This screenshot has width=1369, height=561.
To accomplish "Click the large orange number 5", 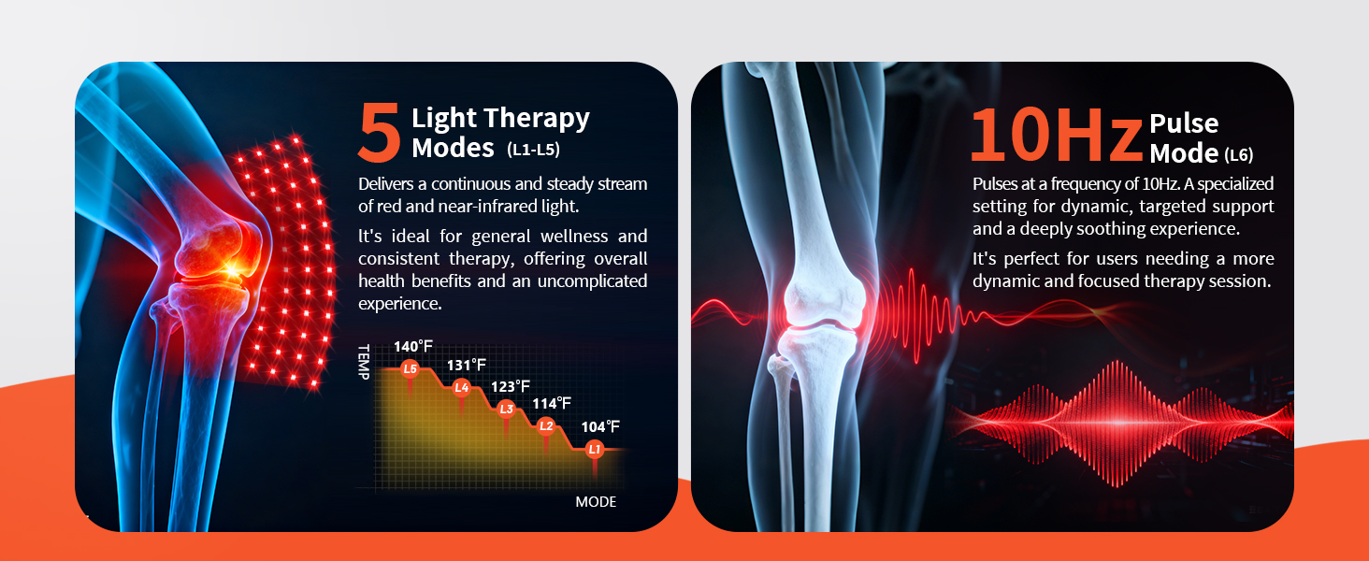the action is [380, 132].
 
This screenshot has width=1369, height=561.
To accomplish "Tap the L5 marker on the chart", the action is [411, 368].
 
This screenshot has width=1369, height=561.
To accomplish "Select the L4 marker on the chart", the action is [461, 387].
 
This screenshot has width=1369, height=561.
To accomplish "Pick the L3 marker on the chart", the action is [506, 409].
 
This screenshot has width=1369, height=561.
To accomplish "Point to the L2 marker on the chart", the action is [546, 426].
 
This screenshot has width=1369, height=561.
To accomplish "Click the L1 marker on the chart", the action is [594, 450].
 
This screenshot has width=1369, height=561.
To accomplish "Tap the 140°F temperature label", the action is [413, 347].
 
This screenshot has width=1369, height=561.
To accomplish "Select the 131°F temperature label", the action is [467, 365].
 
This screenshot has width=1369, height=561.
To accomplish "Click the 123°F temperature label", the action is [511, 386].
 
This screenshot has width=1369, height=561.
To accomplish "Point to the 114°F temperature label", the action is [552, 403].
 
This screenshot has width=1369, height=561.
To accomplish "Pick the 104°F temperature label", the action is [600, 426].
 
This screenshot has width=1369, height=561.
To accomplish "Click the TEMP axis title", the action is [364, 362].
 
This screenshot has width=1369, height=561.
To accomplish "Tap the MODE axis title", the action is [596, 502].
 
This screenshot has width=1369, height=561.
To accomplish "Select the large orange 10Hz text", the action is [1057, 135].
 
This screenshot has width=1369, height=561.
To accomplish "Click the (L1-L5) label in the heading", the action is [533, 150].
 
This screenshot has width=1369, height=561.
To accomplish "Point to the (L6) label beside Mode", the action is [1239, 155].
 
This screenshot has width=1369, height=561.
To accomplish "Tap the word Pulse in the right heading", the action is [1184, 123].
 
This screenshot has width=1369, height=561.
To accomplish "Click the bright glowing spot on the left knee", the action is [232, 269].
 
